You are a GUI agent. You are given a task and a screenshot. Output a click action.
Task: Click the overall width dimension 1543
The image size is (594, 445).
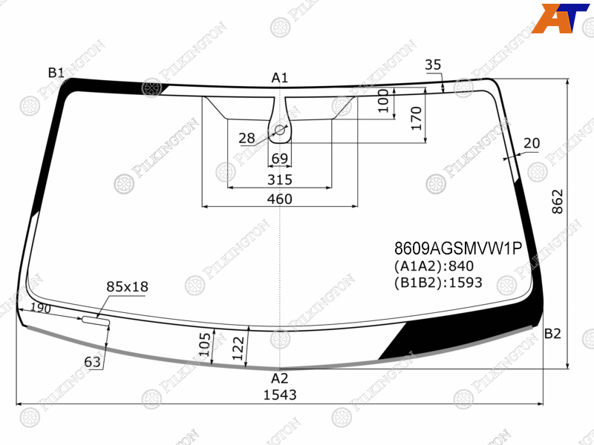point(280,395)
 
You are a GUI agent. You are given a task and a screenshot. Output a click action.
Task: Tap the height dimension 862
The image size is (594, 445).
point(558,202)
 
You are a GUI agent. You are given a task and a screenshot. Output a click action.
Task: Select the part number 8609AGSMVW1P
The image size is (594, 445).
point(458,248)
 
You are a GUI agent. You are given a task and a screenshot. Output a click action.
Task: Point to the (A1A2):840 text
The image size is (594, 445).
point(434,266)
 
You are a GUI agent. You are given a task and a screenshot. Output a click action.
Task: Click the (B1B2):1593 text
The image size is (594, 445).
point(438,283)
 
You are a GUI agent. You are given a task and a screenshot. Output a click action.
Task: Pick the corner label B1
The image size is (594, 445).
point(56,72)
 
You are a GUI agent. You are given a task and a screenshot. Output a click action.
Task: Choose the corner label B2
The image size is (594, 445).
point(552,333)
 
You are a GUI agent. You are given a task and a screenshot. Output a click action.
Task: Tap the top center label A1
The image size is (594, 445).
point(280,78)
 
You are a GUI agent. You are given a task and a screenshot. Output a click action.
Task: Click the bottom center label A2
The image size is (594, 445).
point(280,378)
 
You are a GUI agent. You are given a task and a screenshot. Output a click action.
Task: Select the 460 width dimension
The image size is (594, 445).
point(280,199)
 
